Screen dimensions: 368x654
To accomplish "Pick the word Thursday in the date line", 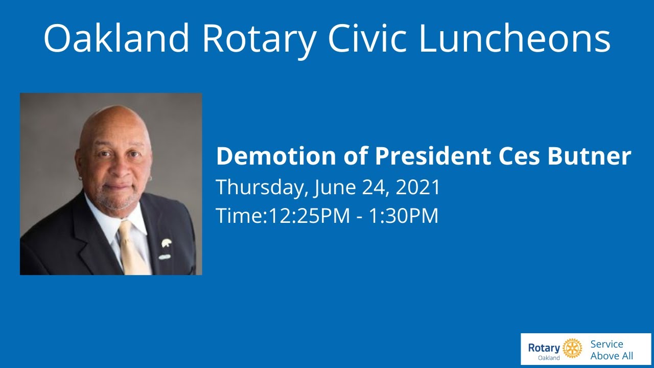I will click(x=261, y=188).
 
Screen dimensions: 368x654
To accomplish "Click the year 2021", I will click(x=417, y=188).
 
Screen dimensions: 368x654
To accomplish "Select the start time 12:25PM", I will click(x=309, y=216).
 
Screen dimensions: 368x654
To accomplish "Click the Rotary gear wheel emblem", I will click(x=572, y=348).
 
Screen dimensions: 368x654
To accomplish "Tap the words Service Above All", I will click(x=612, y=350).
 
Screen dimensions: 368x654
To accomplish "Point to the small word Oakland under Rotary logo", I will click(x=549, y=358).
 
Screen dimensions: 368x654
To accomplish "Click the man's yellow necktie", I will click(x=132, y=250).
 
